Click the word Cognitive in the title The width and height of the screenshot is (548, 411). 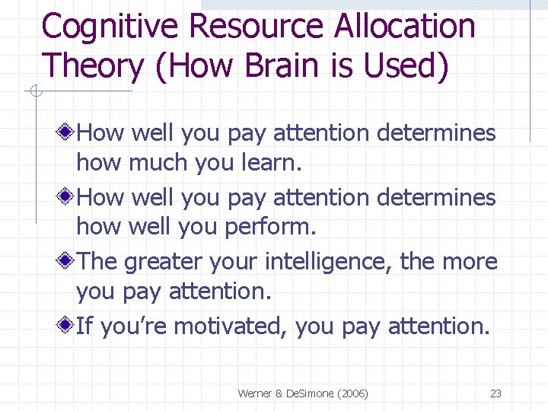tap(111, 27)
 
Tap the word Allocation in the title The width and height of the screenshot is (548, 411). tap(404, 27)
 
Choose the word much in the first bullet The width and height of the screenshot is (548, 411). tap(151, 162)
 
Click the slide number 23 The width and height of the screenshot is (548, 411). tap(495, 393)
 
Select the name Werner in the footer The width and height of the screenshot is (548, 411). tap(256, 393)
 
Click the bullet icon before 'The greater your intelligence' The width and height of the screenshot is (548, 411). tap(68, 262)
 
